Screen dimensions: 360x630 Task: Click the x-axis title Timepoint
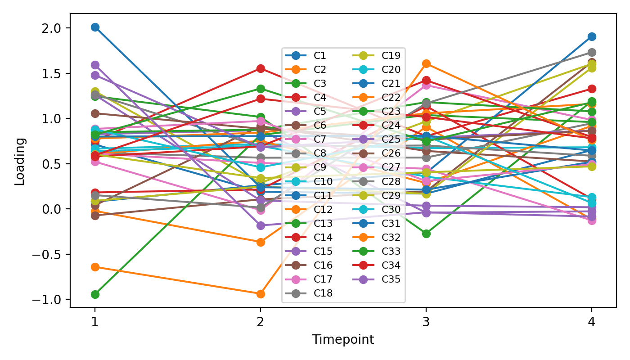(x=343, y=340)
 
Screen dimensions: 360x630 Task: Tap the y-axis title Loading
(x=20, y=161)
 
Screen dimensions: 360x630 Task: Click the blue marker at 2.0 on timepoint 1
(x=95, y=27)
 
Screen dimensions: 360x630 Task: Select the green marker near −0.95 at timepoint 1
(x=95, y=294)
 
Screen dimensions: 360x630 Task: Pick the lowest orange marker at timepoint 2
(x=260, y=294)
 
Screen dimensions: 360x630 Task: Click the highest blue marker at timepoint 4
(x=592, y=36)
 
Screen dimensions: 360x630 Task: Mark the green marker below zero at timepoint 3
(x=426, y=234)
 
